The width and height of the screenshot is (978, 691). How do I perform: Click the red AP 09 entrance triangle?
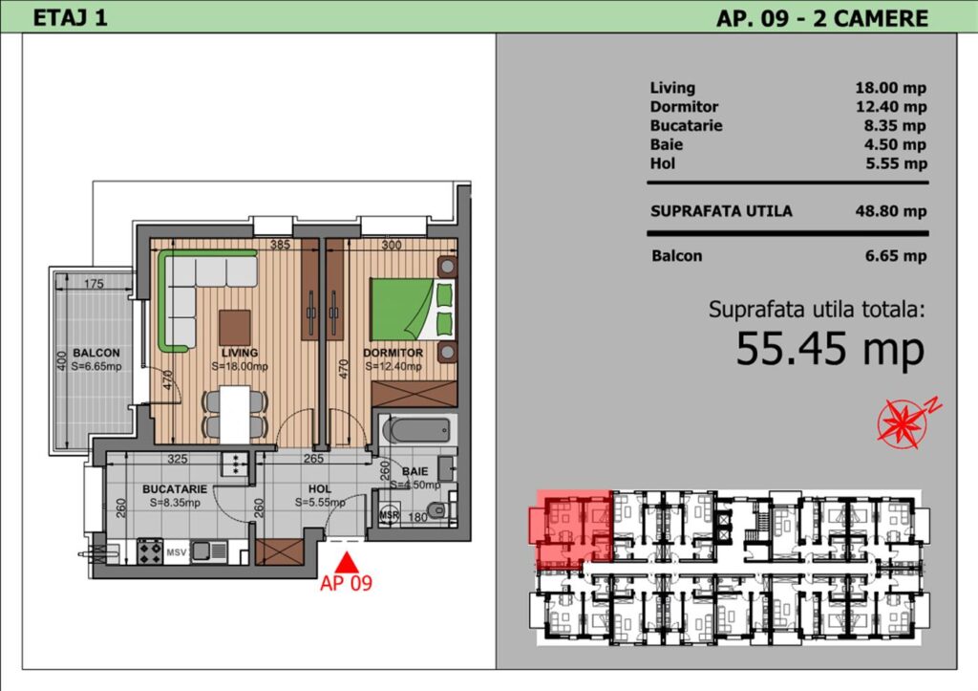click(x=347, y=564)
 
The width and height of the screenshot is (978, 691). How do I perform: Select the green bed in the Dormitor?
click(x=413, y=310)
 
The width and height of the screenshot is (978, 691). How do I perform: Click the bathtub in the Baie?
click(x=416, y=430)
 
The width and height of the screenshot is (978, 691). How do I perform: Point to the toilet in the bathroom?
click(x=439, y=510)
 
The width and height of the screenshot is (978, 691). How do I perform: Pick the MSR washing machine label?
click(x=390, y=515)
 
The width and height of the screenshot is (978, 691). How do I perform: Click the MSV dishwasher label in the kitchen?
click(x=176, y=552)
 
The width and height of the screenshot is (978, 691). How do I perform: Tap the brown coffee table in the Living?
click(x=235, y=327)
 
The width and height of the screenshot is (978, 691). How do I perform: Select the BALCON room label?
click(x=96, y=353)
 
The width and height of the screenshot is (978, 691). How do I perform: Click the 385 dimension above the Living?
click(x=280, y=245)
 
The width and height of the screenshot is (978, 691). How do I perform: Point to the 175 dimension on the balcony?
click(x=94, y=284)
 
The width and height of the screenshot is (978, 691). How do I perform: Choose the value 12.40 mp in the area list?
click(x=891, y=107)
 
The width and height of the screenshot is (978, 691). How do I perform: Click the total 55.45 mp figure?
click(x=830, y=349)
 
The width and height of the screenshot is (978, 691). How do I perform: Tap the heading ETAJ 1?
click(x=70, y=17)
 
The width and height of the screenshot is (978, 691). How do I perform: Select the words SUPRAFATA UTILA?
click(x=721, y=211)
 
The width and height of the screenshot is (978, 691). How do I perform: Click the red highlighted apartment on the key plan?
click(x=571, y=529)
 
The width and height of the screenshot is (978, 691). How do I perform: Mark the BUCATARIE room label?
click(x=175, y=489)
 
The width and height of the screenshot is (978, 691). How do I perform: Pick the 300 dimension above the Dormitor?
click(x=391, y=245)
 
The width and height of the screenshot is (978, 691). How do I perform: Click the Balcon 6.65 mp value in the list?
click(x=896, y=256)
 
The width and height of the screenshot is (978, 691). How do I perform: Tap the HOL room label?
click(x=320, y=489)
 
